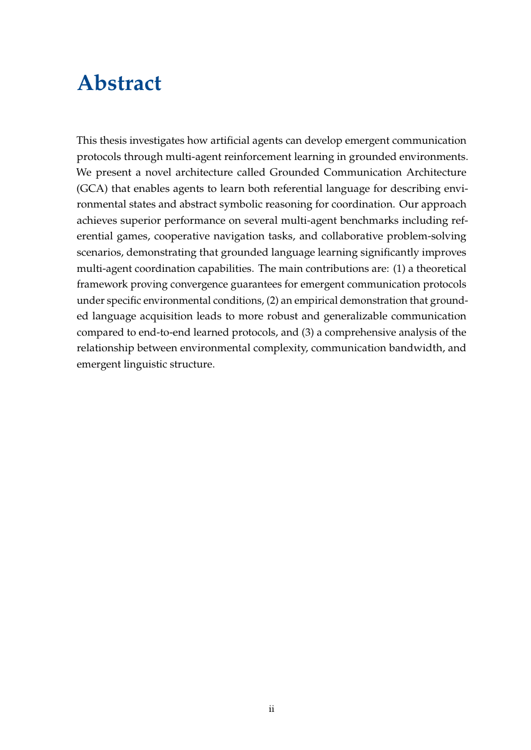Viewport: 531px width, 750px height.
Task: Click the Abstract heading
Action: tap(119, 83)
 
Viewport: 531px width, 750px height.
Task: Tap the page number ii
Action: tap(271, 709)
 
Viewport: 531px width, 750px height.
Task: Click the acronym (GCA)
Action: tap(91, 188)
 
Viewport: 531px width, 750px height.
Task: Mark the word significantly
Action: tap(379, 252)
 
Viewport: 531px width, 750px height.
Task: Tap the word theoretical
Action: tap(441, 268)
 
